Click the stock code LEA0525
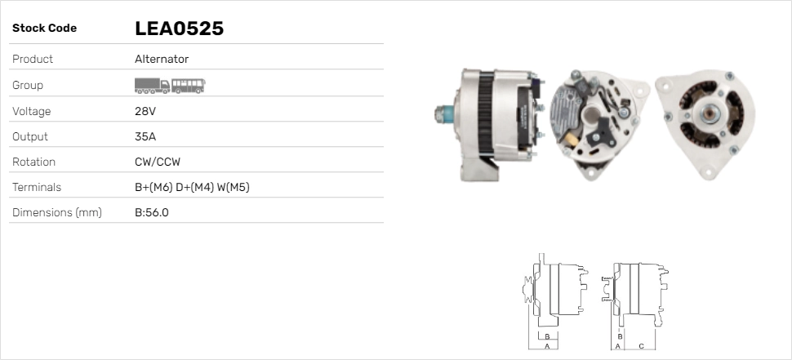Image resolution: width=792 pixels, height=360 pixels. pyautogui.click(x=180, y=29)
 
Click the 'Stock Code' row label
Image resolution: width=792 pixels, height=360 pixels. pyautogui.click(x=44, y=29)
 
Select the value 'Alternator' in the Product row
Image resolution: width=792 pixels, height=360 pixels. pyautogui.click(x=162, y=59)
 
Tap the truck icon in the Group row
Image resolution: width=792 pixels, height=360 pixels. pyautogui.click(x=152, y=86)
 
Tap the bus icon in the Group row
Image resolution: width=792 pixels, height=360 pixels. pyautogui.click(x=189, y=86)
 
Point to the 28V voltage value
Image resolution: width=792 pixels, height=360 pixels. pyautogui.click(x=145, y=111)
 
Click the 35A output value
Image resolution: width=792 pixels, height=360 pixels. pyautogui.click(x=145, y=137)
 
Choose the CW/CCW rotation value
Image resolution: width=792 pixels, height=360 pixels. pyautogui.click(x=158, y=162)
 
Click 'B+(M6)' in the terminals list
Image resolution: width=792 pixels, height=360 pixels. pyautogui.click(x=154, y=187)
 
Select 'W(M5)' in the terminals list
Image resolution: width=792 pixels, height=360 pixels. pyautogui.click(x=234, y=187)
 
